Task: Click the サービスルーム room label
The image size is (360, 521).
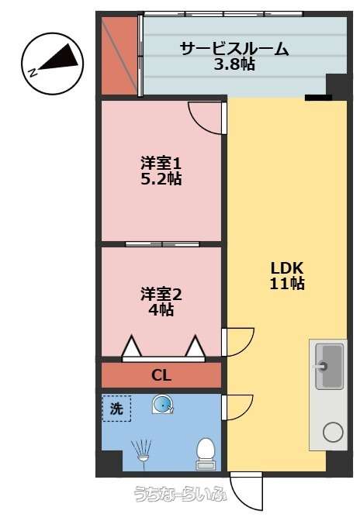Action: pos(234,49)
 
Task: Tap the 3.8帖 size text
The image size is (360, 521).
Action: pos(234,64)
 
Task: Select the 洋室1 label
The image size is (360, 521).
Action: pos(161,164)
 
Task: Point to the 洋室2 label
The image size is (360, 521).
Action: pos(161,295)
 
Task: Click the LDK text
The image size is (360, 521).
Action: pos(287,267)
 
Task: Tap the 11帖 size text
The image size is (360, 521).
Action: pos(287,283)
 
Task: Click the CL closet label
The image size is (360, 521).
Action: pos(161,375)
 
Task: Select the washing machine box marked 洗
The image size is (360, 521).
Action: pos(116,409)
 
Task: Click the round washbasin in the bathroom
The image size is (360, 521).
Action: pos(163,405)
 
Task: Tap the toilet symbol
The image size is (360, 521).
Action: pos(206,454)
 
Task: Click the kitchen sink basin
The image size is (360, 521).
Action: pos(329,367)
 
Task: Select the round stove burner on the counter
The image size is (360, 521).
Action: pos(333,432)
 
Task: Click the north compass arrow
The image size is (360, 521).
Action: pos(59,59)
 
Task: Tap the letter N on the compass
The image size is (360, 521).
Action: pos(33,73)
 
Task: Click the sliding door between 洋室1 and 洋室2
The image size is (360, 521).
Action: pos(162,244)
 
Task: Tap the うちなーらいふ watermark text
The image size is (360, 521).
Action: pos(181,494)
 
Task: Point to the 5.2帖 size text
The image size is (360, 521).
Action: pos(161,179)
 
